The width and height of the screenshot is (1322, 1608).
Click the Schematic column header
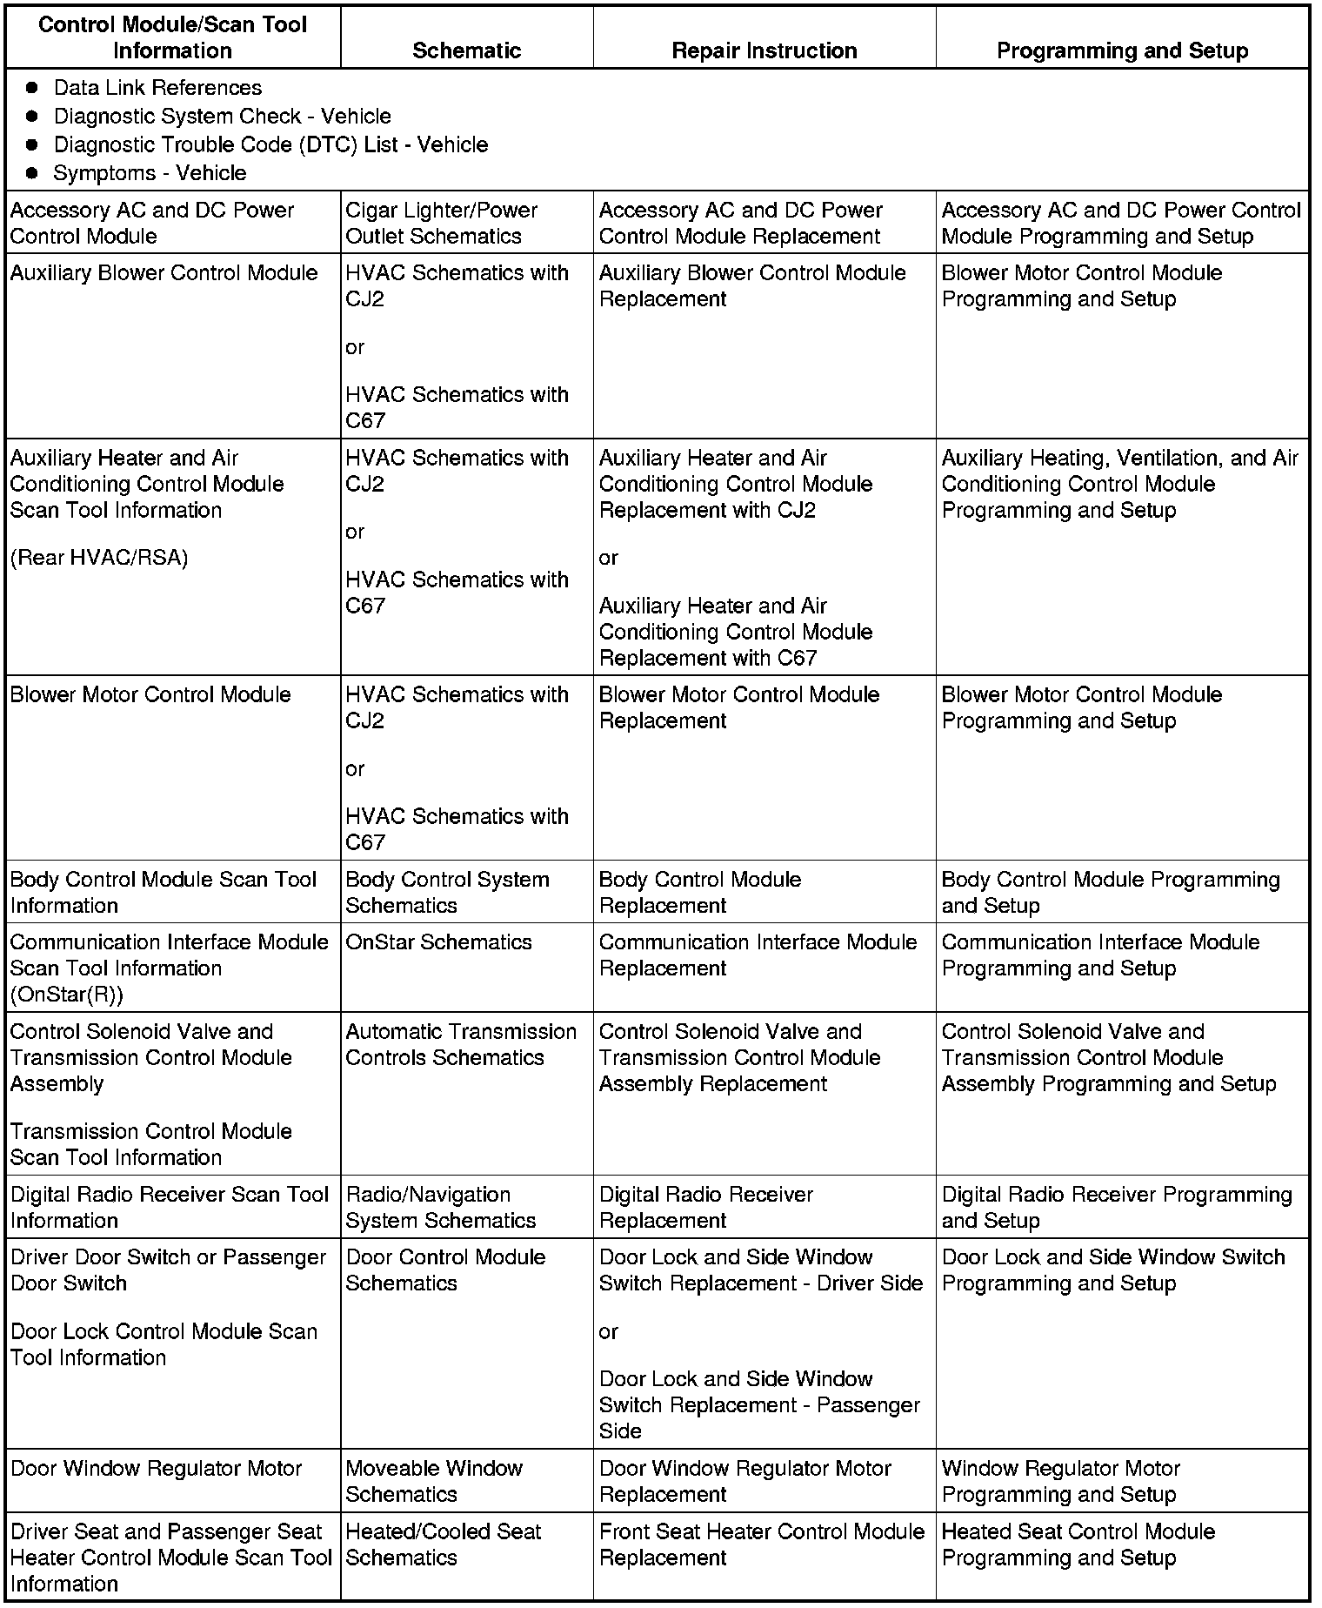(x=466, y=50)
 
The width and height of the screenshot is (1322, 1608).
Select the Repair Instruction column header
(x=764, y=50)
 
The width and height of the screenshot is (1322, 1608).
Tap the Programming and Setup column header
(x=1122, y=50)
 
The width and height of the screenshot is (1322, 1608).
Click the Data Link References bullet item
(x=157, y=88)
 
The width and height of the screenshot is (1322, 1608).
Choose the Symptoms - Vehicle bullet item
(x=150, y=173)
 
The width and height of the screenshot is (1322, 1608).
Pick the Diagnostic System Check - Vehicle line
(x=222, y=117)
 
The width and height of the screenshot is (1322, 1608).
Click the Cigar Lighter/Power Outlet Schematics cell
(x=441, y=223)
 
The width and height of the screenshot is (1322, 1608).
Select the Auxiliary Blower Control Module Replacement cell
(x=752, y=285)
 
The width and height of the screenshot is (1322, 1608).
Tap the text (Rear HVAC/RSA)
(x=99, y=558)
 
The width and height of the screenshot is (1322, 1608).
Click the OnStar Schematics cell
(x=438, y=942)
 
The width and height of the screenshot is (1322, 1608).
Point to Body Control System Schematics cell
(x=447, y=892)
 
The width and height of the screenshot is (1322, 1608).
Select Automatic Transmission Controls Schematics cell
(x=460, y=1044)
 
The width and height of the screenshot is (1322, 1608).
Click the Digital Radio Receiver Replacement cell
(x=705, y=1207)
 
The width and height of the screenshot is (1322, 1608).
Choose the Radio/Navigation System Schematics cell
(x=440, y=1207)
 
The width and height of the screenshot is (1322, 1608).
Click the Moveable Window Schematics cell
(x=434, y=1481)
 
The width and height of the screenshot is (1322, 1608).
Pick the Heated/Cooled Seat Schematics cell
(x=443, y=1544)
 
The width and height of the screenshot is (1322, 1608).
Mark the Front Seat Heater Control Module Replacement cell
(x=761, y=1544)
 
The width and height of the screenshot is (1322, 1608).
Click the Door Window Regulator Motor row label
(x=156, y=1469)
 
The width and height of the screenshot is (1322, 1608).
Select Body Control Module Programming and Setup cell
(x=1110, y=892)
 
